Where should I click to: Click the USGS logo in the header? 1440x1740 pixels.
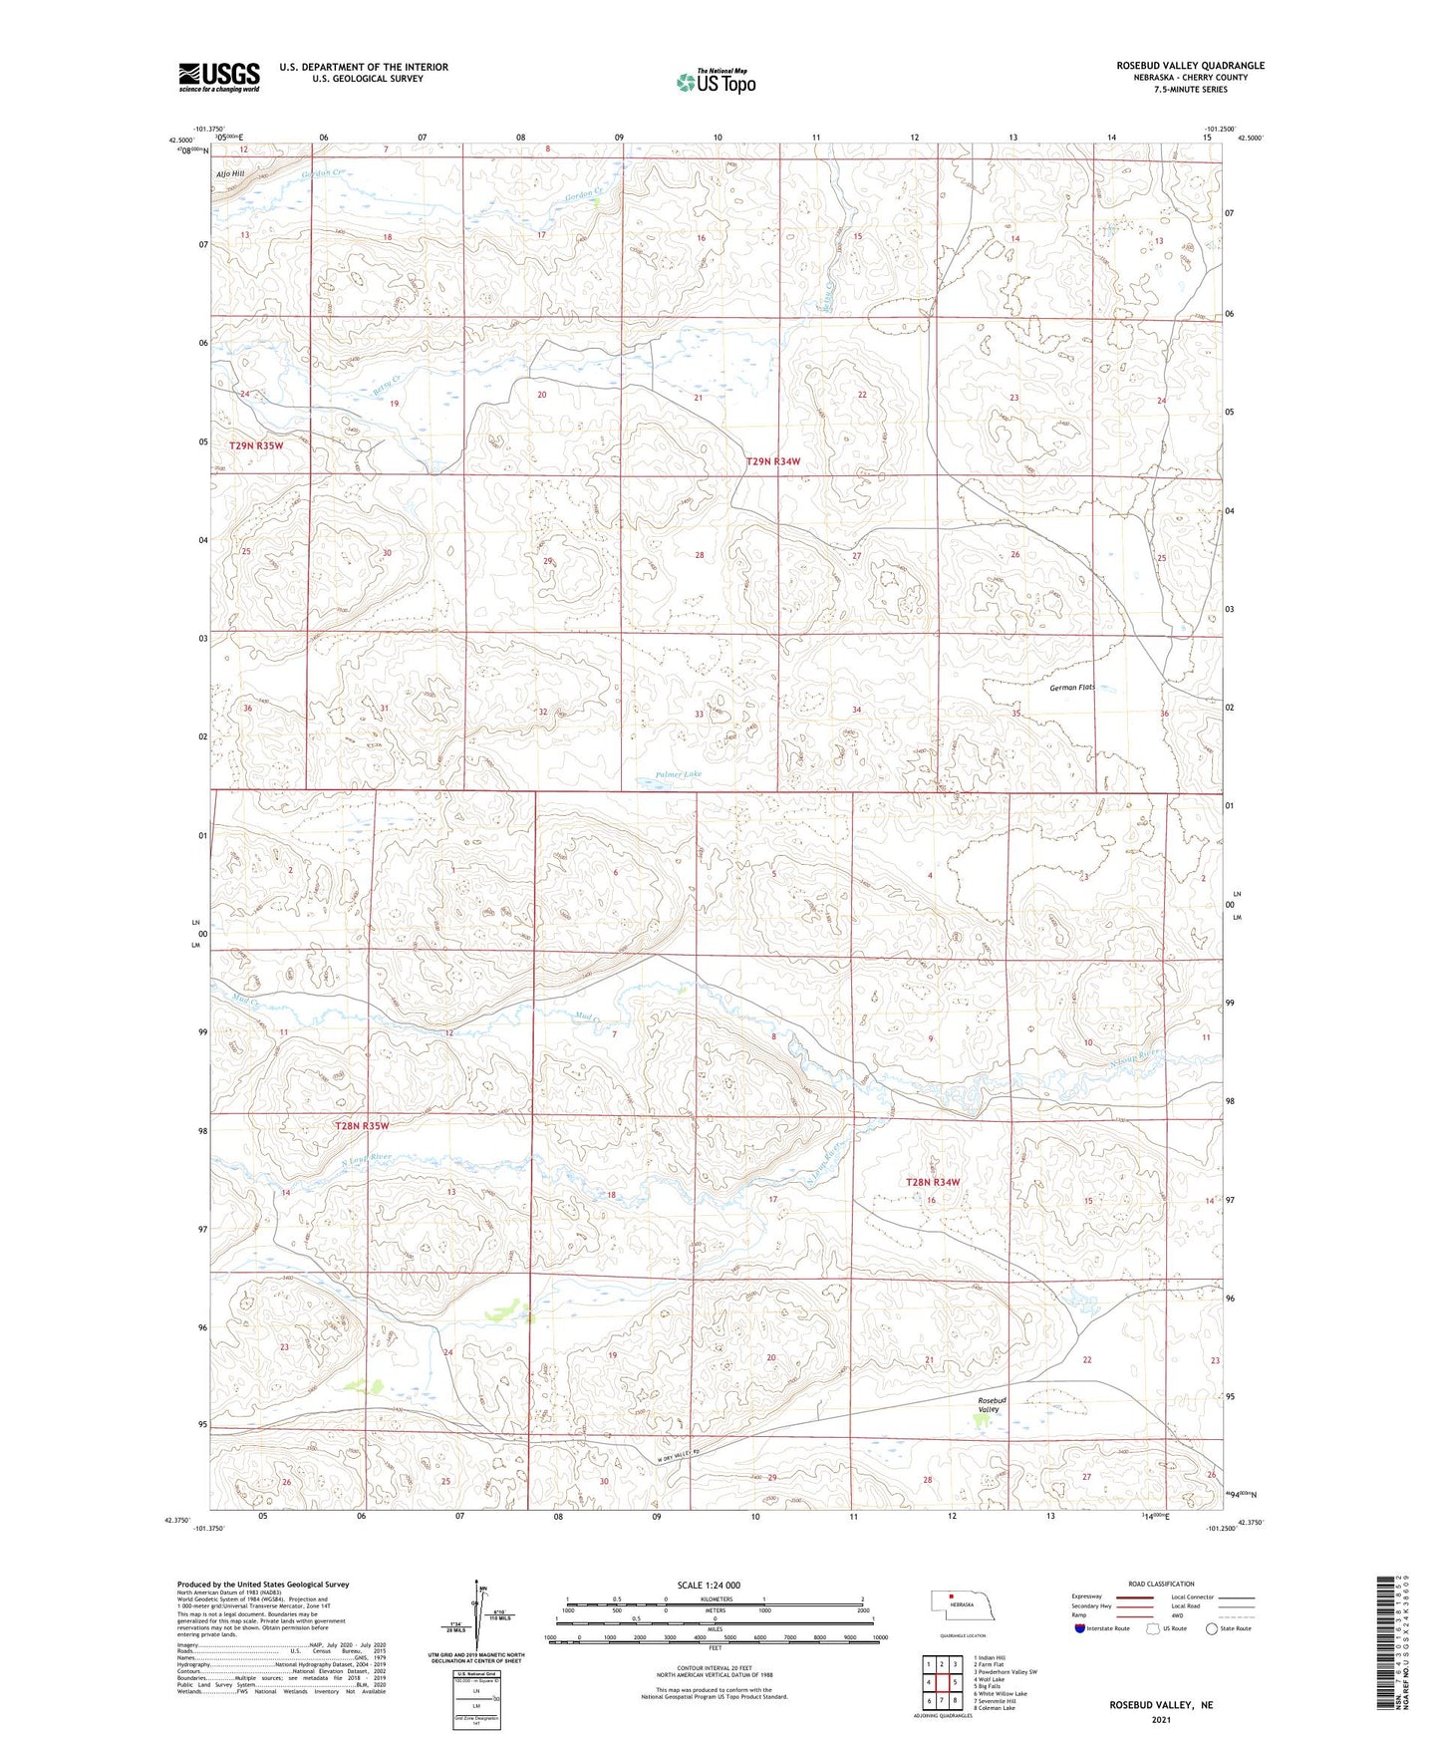pyautogui.click(x=218, y=77)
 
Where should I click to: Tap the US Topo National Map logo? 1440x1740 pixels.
pyautogui.click(x=716, y=81)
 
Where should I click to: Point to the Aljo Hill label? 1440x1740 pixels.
pyautogui.click(x=229, y=173)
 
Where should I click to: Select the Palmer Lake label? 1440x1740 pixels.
pyautogui.click(x=679, y=773)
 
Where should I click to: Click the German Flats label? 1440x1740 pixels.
pyautogui.click(x=1072, y=688)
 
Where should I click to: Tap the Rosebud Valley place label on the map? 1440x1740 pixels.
pyautogui.click(x=990, y=1404)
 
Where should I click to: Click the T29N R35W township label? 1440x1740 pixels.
pyautogui.click(x=256, y=445)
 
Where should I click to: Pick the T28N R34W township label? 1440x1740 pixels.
pyautogui.click(x=932, y=1182)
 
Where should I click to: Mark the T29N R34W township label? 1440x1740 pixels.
pyautogui.click(x=773, y=461)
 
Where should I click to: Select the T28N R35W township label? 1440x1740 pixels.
pyautogui.click(x=361, y=1125)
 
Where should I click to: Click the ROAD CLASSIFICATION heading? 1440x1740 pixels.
pyautogui.click(x=1161, y=1584)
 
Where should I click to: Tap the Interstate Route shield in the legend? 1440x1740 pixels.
pyautogui.click(x=1080, y=1628)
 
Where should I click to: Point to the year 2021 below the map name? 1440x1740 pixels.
pyautogui.click(x=1160, y=1719)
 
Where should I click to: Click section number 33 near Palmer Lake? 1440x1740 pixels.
pyautogui.click(x=699, y=715)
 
